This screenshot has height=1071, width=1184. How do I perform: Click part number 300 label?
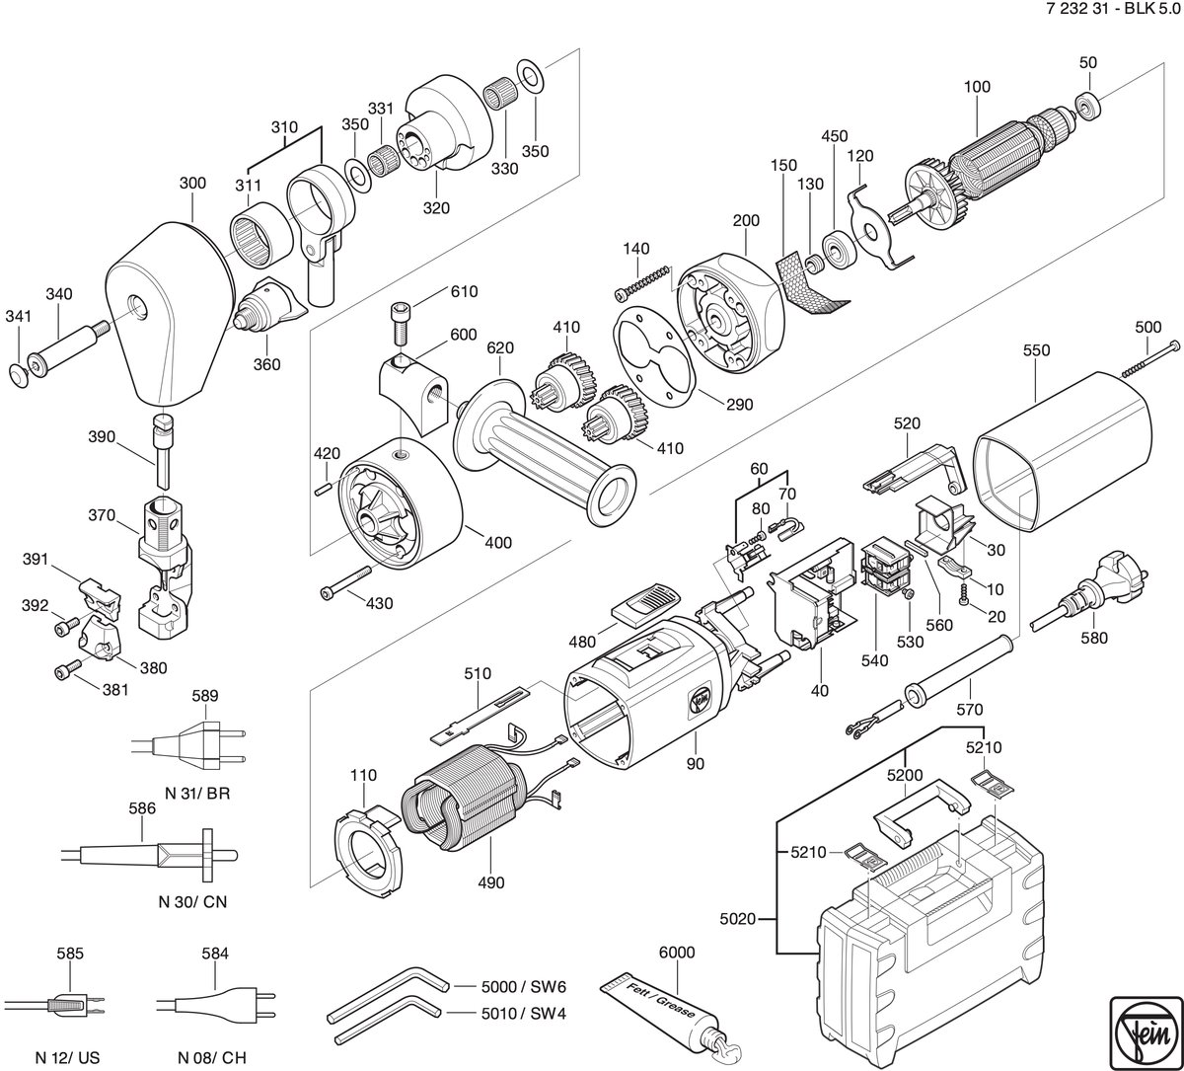pos(192,184)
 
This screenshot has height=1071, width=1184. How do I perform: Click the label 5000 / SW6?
pos(523,986)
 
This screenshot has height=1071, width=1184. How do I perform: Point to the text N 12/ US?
pos(67,1057)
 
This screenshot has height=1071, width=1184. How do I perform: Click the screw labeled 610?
pos(401,325)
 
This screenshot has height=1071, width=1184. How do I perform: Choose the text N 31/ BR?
pos(197,793)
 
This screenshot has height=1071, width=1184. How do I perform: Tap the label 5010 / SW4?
pos(523,1014)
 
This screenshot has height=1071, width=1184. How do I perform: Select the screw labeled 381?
pos(68,670)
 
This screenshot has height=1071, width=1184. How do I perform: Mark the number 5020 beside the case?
pos(737,919)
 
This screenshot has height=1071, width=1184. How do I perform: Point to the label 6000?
pos(677,953)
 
